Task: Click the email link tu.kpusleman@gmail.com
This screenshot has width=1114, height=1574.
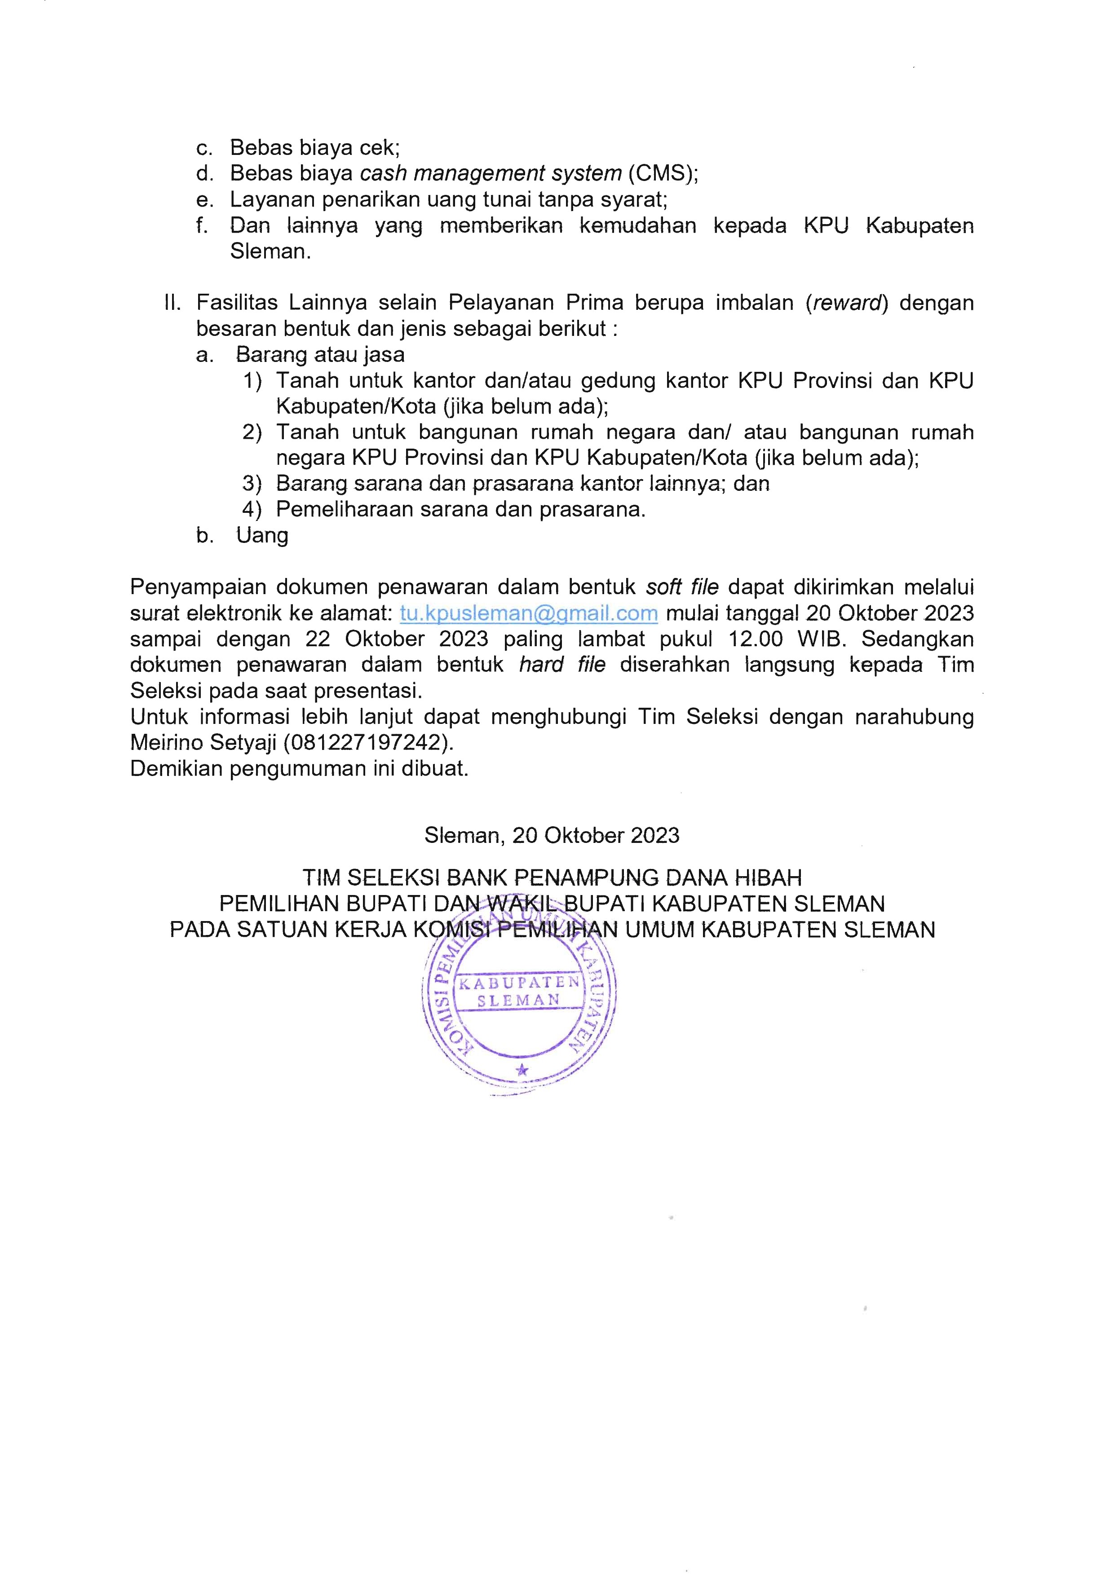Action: click(529, 613)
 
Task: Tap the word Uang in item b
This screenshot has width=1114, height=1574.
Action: click(262, 536)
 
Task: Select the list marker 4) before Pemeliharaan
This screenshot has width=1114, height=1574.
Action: click(252, 510)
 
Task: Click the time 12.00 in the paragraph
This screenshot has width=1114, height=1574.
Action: click(755, 639)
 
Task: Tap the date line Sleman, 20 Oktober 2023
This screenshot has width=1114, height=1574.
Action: click(552, 835)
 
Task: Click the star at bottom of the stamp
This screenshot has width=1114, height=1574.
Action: click(522, 1070)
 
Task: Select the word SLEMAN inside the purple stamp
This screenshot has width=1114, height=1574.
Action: click(518, 1001)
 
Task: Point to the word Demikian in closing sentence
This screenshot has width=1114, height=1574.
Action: click(176, 769)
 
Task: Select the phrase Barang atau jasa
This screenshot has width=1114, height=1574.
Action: click(320, 355)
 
